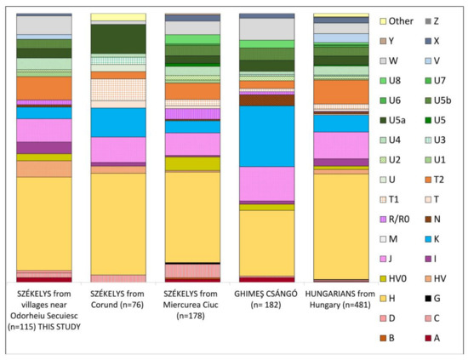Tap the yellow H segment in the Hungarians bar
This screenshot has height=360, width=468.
coord(340,226)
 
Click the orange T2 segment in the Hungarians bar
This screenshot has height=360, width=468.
coord(340,91)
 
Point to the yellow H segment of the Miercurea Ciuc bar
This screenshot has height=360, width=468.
coord(192,216)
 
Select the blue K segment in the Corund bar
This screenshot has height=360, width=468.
coord(118,123)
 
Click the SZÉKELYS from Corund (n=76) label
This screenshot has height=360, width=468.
coord(118,300)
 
